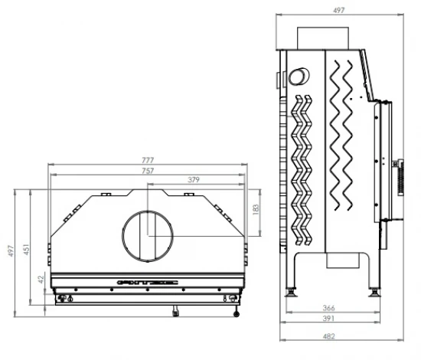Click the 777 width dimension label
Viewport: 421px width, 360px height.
click(x=148, y=160)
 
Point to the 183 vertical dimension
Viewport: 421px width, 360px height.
click(x=256, y=208)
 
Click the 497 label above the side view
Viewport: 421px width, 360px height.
click(x=339, y=11)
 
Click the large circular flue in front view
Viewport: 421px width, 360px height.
click(x=148, y=232)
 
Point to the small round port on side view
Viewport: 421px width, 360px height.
click(x=296, y=77)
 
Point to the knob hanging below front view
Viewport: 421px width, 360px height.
click(x=175, y=311)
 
